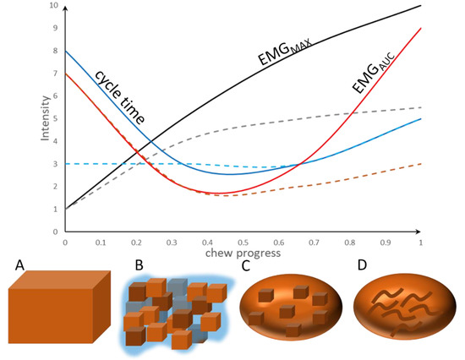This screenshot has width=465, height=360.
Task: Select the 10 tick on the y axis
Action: (x=54, y=7)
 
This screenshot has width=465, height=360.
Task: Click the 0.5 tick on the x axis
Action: (x=242, y=242)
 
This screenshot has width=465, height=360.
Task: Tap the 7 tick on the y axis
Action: (x=56, y=74)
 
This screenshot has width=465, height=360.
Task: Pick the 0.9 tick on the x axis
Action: (x=385, y=242)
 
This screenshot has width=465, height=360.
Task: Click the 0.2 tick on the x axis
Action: (x=135, y=242)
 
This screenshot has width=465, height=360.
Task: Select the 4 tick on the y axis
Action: (x=56, y=141)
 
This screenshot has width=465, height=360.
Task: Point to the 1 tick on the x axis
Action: (x=420, y=242)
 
